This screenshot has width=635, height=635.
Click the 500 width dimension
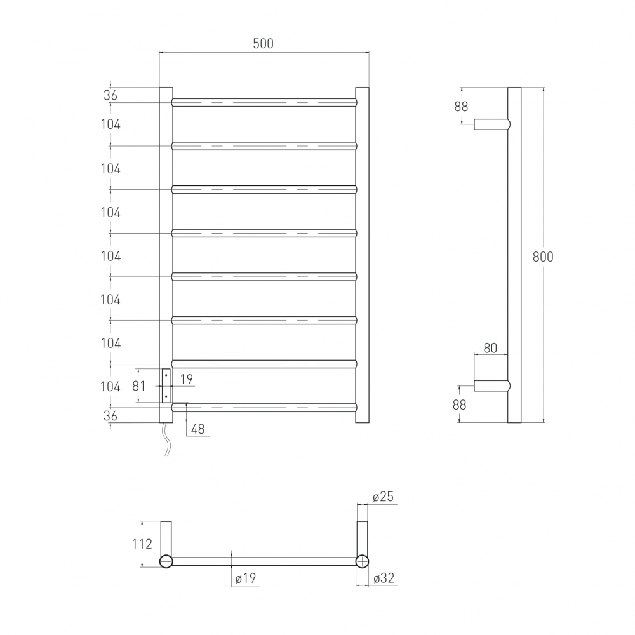[x=264, y=43]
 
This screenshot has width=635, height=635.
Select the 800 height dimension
[x=543, y=257]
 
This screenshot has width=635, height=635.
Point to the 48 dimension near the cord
[x=197, y=429]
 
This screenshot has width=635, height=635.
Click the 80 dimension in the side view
[x=490, y=348]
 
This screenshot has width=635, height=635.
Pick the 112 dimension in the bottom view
[x=143, y=544]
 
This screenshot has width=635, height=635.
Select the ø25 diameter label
[x=384, y=497]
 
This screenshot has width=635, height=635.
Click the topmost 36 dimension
[x=110, y=95]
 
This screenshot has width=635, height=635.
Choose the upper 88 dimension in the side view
[x=461, y=106]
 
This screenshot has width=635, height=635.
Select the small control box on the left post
[x=166, y=385]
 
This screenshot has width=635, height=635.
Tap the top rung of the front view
[x=264, y=102]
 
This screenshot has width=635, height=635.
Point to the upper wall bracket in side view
[x=491, y=124]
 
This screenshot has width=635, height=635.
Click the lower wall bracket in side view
[x=491, y=385]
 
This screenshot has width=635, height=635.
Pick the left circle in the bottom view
[x=166, y=561]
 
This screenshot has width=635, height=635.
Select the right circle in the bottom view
[x=363, y=561]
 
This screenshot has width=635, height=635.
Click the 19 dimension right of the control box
[x=187, y=379]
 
